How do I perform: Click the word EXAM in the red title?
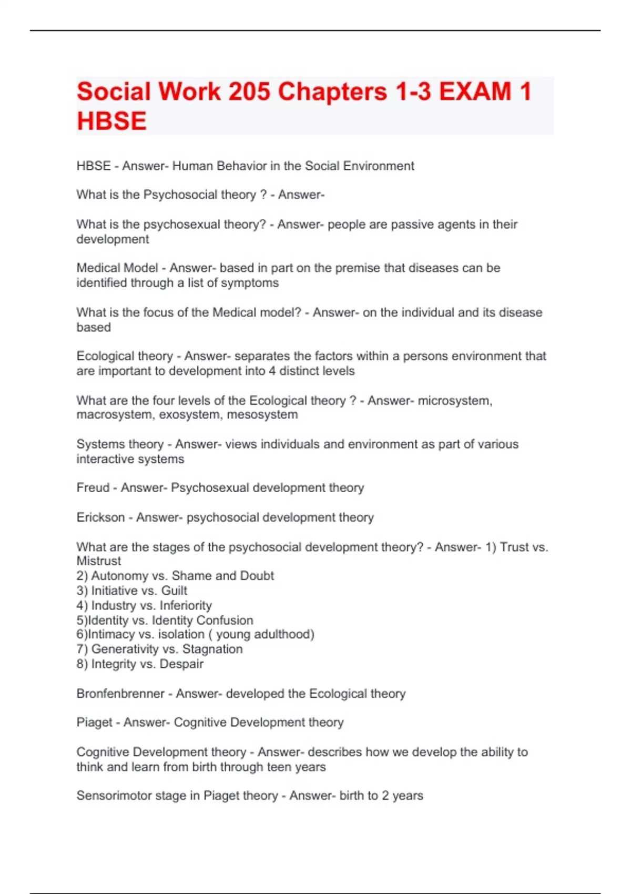(475, 92)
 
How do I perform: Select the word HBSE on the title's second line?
(111, 121)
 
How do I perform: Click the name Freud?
(93, 487)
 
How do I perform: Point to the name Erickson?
(100, 517)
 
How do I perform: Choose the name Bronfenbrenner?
(120, 694)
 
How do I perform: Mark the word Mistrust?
(99, 561)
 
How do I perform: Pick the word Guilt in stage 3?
(174, 591)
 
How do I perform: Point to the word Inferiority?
(186, 605)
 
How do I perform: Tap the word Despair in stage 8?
(181, 664)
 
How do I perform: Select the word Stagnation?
(212, 649)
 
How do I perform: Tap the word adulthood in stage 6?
(284, 634)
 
